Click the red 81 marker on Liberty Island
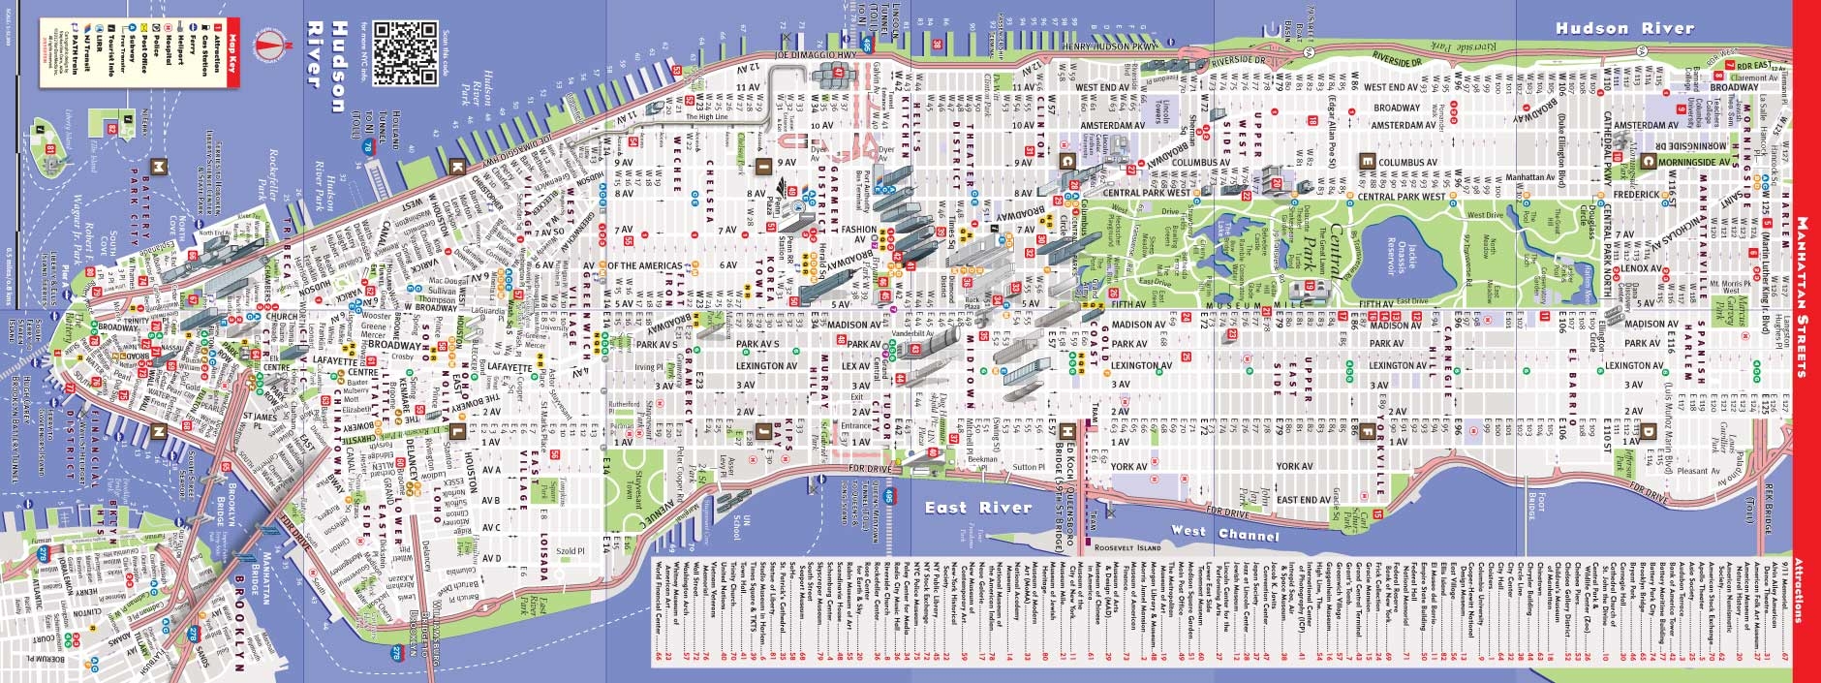point(49,149)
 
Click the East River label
point(978,507)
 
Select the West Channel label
point(1224,533)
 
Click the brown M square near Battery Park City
point(156,166)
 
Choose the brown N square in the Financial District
point(158,432)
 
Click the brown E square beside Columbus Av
point(1367,161)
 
